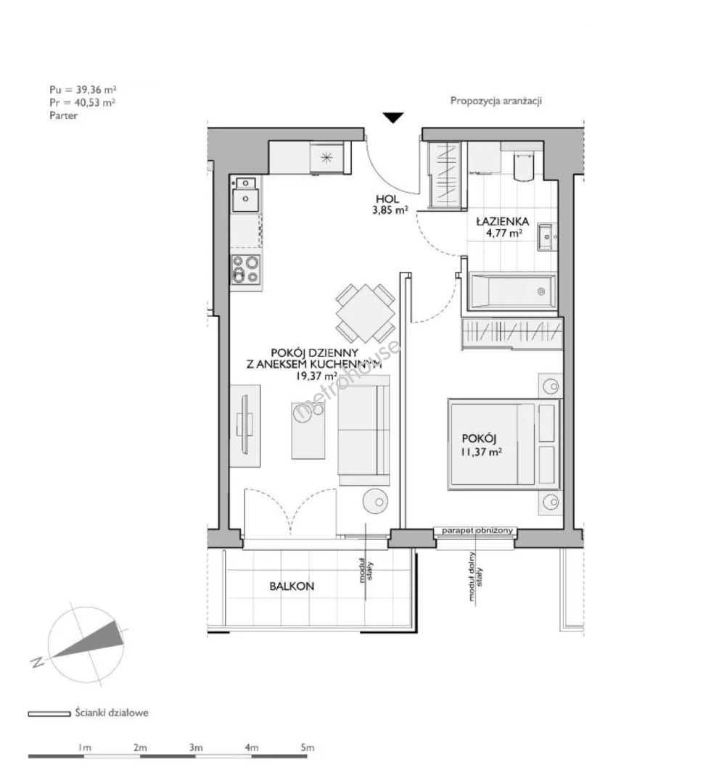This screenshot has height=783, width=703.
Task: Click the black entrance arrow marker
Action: [x=394, y=118]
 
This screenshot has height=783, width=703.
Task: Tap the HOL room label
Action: [x=387, y=200]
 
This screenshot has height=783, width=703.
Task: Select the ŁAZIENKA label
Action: [x=502, y=221]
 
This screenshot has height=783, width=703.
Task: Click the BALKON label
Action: [x=292, y=587]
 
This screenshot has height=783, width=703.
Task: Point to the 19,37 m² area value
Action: [x=316, y=376]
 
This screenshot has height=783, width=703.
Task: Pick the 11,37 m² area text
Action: [x=482, y=452]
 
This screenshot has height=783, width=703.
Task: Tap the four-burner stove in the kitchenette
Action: [x=246, y=269]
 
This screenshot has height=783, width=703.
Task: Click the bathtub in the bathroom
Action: [x=512, y=291]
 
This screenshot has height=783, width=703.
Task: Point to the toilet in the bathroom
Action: [x=523, y=165]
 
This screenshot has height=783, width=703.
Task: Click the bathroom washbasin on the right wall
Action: [x=548, y=236]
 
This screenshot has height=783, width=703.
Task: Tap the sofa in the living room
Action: [x=363, y=430]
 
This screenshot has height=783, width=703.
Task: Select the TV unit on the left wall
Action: [x=244, y=426]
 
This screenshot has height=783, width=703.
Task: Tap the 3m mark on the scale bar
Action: [x=195, y=747]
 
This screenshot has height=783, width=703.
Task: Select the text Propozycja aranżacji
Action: [x=496, y=101]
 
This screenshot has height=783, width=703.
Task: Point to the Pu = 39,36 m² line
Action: [x=83, y=90]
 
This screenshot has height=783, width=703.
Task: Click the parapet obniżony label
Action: [x=477, y=530]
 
